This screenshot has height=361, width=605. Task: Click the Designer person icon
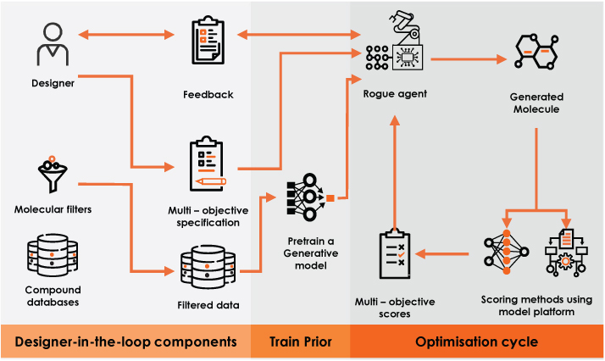(53, 44)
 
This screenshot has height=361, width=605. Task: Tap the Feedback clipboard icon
(208, 40)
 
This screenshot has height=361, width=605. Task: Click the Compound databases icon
(53, 255)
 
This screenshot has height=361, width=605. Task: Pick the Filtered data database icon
(208, 266)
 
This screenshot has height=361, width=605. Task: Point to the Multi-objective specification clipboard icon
(208, 164)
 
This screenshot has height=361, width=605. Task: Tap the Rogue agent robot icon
(395, 42)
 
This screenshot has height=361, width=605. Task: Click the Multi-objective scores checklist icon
(395, 253)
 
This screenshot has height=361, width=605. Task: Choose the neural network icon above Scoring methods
(506, 253)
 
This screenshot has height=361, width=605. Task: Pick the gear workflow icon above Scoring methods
(566, 253)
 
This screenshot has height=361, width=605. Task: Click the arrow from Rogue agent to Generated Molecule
(469, 59)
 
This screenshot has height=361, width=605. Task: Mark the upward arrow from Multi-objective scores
(395, 173)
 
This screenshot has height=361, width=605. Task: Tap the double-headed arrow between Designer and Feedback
(126, 35)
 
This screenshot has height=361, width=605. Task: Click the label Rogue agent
(395, 94)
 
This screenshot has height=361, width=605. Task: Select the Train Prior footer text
(301, 342)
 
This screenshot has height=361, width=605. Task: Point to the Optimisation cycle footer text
(476, 342)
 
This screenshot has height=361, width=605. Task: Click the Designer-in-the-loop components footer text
(125, 342)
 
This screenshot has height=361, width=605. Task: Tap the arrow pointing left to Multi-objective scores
(441, 253)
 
